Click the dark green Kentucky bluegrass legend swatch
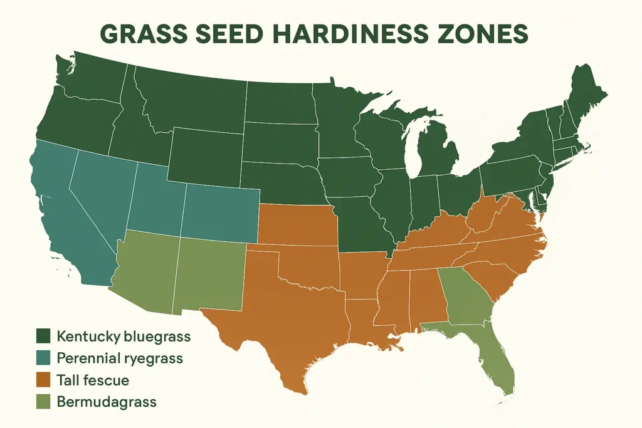click(43, 337)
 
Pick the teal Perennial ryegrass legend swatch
click(43, 358)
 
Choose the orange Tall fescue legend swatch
click(43, 380)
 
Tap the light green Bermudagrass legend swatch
click(43, 402)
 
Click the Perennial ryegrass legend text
click(119, 358)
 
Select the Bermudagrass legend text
click(106, 402)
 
